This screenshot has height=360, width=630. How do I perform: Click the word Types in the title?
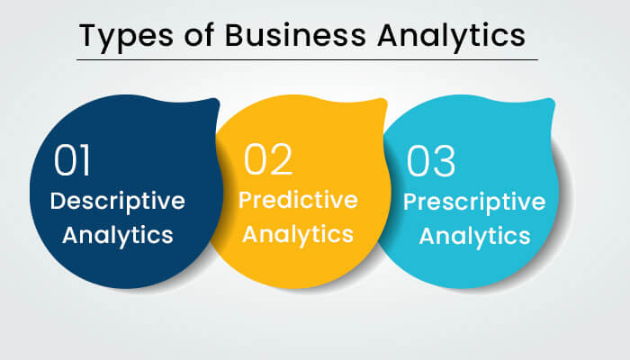(126, 37)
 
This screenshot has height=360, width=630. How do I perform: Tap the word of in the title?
(199, 34)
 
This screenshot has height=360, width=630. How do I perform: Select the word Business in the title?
(295, 35)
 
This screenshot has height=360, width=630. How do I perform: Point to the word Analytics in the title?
(451, 37)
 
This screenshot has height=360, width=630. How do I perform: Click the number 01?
(72, 160)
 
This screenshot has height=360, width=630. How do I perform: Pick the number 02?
(268, 159)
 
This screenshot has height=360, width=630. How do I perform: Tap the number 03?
(431, 161)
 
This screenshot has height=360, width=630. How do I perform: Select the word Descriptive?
(117, 202)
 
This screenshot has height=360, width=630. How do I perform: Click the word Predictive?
(298, 200)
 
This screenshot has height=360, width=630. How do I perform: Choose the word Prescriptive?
(474, 202)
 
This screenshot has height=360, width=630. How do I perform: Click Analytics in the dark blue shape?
(118, 236)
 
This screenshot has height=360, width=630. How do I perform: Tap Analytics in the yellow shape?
(298, 235)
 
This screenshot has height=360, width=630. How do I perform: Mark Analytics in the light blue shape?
(474, 236)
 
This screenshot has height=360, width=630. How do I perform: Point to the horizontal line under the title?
(308, 60)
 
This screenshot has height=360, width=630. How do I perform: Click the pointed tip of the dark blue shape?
(217, 100)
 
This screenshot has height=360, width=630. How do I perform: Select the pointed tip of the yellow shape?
(384, 100)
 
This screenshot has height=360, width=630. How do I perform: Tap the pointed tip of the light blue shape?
(552, 100)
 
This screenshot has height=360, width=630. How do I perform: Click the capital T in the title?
(89, 35)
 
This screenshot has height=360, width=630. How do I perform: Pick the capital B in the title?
(235, 35)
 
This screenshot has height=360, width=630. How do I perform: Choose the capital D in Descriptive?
(58, 201)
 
